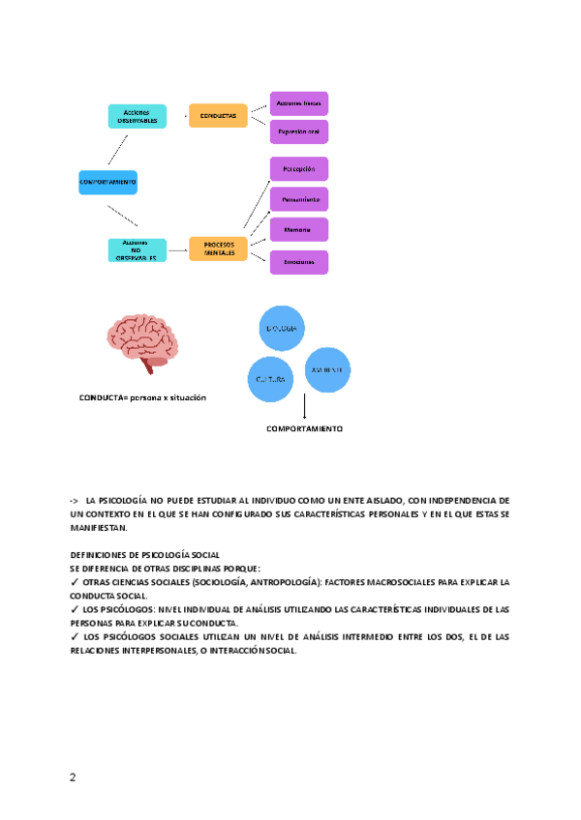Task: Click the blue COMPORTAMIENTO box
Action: point(107,182)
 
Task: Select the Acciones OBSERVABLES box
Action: point(138,116)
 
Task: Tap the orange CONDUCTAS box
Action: point(218,116)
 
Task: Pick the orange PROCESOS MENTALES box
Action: point(218,249)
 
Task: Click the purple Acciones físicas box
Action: point(298,102)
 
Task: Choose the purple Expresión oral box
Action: point(298,132)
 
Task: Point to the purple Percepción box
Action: point(298,168)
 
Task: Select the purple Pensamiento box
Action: point(298,199)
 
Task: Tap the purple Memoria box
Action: point(298,230)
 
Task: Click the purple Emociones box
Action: point(298,262)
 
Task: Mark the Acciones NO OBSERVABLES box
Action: point(138,249)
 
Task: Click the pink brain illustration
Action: point(143,344)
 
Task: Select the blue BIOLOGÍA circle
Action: point(281,330)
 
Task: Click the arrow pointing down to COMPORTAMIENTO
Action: point(304,406)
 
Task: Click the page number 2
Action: point(73,776)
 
